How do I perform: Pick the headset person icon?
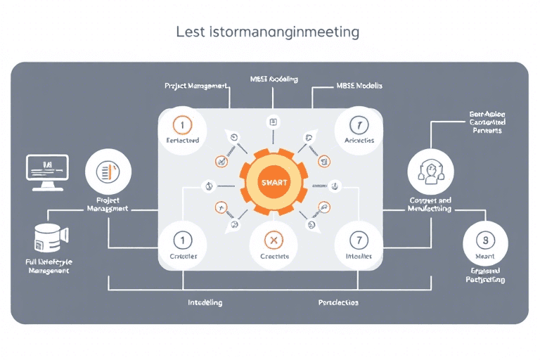tap(430, 172)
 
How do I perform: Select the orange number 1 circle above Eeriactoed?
tap(182, 125)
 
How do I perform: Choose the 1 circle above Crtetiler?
tap(182, 240)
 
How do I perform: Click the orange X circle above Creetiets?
tap(274, 240)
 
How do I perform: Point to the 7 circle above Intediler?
tap(359, 240)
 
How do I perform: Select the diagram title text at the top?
tap(266, 32)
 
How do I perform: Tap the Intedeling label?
tap(205, 302)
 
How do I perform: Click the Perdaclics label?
tap(338, 302)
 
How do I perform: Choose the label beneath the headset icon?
tap(430, 205)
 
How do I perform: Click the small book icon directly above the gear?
tap(274, 122)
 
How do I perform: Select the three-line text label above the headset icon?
tap(487, 122)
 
